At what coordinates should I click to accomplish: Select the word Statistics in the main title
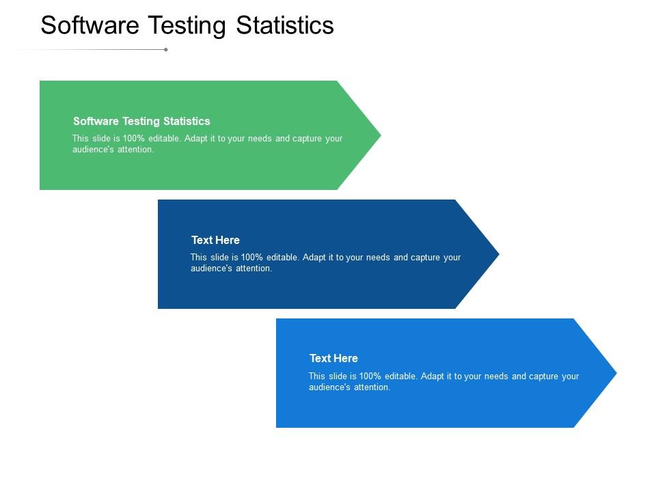tap(284, 25)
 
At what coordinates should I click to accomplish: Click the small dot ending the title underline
tap(166, 49)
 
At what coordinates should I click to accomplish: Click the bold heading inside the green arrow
tap(141, 121)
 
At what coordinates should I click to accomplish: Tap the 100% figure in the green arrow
tap(134, 139)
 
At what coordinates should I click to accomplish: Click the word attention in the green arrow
tap(136, 150)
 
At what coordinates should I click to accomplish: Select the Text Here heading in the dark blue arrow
tap(215, 240)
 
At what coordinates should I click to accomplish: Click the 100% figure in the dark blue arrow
tap(252, 258)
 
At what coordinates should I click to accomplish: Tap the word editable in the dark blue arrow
tap(282, 258)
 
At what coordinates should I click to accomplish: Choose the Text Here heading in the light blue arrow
tap(333, 358)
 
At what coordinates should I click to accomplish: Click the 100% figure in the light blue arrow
tap(370, 377)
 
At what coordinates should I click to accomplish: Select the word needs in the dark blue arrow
tap(378, 258)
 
